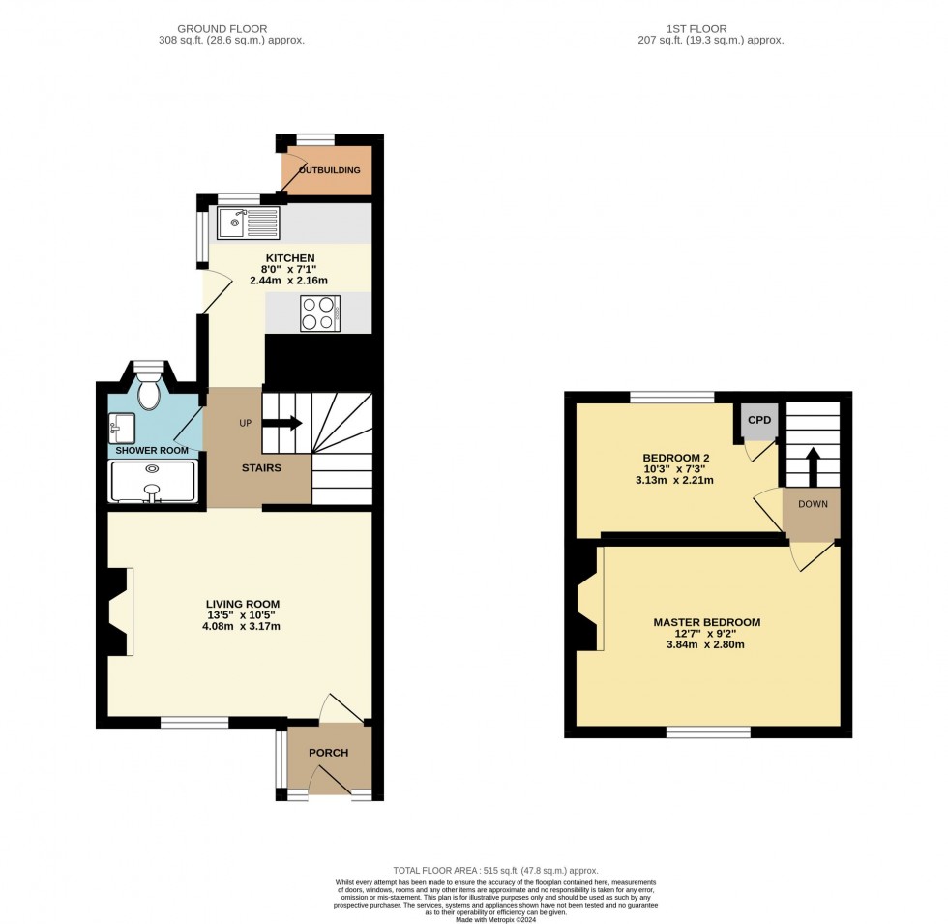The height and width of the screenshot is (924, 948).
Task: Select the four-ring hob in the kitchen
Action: (x=319, y=313)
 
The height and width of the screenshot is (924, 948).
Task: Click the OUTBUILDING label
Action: (x=329, y=171)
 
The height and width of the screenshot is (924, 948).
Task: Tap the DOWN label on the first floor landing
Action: (x=812, y=504)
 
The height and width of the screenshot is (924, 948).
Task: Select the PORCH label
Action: (x=328, y=753)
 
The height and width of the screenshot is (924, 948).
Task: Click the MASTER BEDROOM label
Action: (x=706, y=622)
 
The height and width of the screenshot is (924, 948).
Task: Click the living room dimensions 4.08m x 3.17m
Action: (x=235, y=625)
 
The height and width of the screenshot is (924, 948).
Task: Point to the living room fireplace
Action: (x=118, y=612)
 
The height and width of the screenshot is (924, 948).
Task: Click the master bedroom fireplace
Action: (x=588, y=606)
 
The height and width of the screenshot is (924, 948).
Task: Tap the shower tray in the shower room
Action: (x=153, y=482)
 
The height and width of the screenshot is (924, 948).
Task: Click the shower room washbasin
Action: (x=123, y=427)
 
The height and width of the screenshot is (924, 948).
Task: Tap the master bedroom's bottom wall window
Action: (x=708, y=732)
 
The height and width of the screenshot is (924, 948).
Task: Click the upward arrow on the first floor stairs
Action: (x=813, y=462)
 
